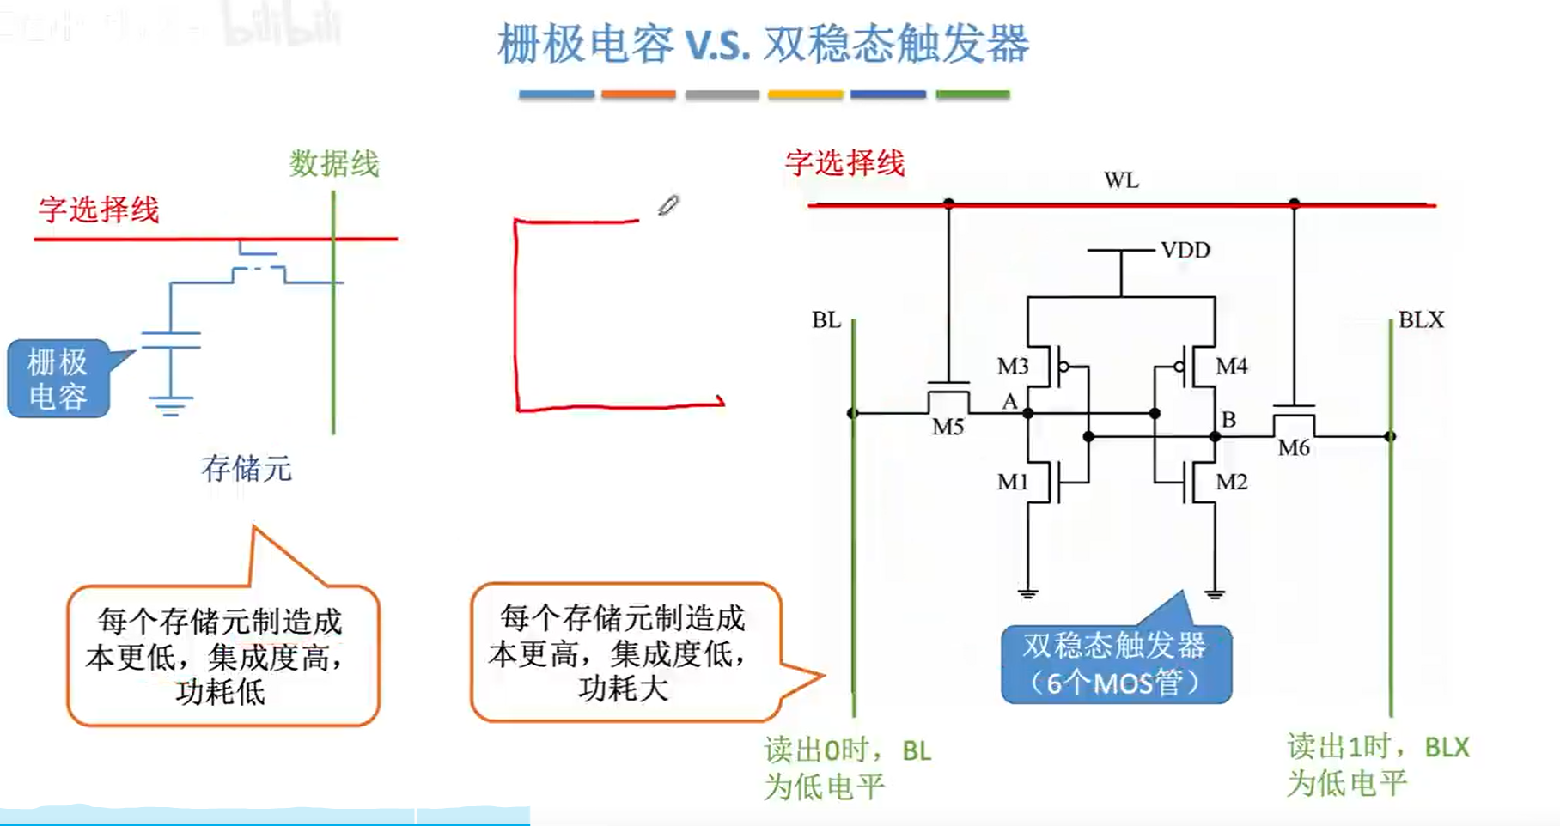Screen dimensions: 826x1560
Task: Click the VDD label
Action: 1185,250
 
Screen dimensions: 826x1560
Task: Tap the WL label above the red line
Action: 1121,180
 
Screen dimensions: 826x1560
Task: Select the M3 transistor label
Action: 1013,367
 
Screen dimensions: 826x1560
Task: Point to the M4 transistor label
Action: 1231,367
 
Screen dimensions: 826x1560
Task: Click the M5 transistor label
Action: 948,427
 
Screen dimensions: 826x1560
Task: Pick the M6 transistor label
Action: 1294,447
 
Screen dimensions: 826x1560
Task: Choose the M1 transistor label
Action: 1013,483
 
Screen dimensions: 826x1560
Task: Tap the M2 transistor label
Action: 1231,483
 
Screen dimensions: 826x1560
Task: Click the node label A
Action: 1009,401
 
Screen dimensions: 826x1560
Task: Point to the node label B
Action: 1228,420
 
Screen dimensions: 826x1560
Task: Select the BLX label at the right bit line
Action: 1421,320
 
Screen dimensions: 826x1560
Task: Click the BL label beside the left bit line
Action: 826,320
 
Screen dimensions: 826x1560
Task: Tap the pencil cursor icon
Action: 668,205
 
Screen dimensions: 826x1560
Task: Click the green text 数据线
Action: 334,164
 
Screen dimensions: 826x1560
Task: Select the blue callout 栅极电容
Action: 58,379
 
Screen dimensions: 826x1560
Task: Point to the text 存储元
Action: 247,469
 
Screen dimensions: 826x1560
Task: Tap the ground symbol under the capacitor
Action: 170,404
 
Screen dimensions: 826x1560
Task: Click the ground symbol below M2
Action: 1214,592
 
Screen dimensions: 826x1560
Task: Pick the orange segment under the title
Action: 638,94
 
